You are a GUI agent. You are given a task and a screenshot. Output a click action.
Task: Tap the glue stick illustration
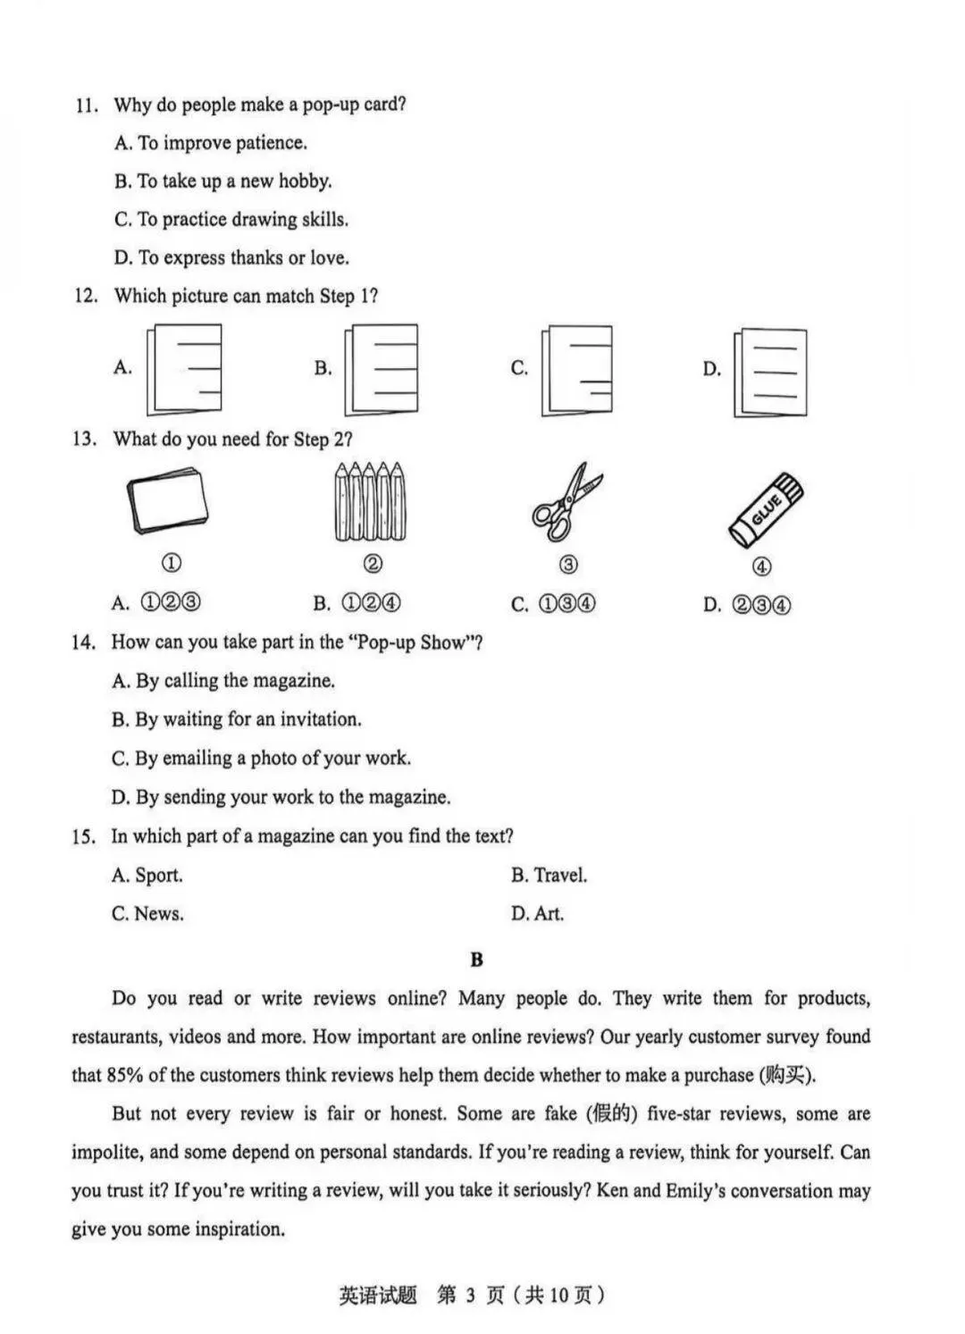tap(766, 510)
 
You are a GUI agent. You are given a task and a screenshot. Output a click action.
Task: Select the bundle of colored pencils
tap(370, 501)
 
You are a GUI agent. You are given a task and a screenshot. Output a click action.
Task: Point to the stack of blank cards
tap(167, 501)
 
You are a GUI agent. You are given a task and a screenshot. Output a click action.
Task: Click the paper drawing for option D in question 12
tap(770, 373)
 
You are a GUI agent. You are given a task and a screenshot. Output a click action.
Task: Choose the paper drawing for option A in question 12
tap(184, 369)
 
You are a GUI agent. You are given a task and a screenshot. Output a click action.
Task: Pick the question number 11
tap(87, 105)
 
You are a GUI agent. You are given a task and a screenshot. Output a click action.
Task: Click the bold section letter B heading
tap(476, 960)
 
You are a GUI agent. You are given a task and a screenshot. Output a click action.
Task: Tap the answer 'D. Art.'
tap(537, 913)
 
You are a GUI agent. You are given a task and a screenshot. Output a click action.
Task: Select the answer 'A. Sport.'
tap(147, 875)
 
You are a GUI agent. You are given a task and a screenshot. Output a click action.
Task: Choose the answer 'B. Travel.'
tap(550, 874)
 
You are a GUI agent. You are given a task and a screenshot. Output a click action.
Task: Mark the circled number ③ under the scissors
tap(568, 564)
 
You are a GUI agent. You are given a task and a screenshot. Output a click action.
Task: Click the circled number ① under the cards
tap(172, 563)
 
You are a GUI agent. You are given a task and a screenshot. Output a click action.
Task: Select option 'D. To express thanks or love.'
tap(231, 257)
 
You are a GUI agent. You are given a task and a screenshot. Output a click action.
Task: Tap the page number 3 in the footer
tap(471, 1295)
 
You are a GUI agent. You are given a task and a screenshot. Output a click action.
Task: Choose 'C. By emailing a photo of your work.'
tap(261, 758)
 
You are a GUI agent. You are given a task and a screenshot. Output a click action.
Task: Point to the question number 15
tap(84, 836)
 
